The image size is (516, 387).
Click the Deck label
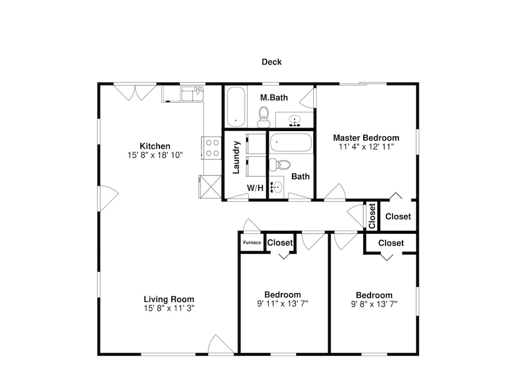click(x=271, y=62)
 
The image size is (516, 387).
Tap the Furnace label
click(x=252, y=243)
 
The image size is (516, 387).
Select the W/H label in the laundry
click(x=255, y=188)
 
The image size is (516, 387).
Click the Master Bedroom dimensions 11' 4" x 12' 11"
click(x=366, y=147)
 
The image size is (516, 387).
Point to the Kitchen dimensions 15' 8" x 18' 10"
click(x=155, y=155)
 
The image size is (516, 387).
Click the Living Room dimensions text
click(x=169, y=308)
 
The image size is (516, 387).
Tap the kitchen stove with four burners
click(x=212, y=148)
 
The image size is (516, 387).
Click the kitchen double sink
click(x=193, y=94)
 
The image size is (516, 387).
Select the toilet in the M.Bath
click(x=264, y=117)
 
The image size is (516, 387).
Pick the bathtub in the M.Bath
click(x=236, y=106)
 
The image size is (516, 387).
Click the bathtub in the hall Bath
click(x=291, y=142)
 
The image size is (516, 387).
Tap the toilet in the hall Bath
click(x=280, y=165)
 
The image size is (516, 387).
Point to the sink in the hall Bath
click(x=277, y=188)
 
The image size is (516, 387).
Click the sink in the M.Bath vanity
click(x=295, y=120)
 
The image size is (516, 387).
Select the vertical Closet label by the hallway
click(x=372, y=216)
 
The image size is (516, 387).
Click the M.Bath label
click(x=274, y=98)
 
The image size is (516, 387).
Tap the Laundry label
click(x=236, y=157)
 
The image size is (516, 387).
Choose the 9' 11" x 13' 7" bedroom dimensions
click(x=282, y=303)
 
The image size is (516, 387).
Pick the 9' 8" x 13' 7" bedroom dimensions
click(x=374, y=304)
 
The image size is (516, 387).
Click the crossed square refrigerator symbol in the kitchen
click(x=210, y=187)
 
